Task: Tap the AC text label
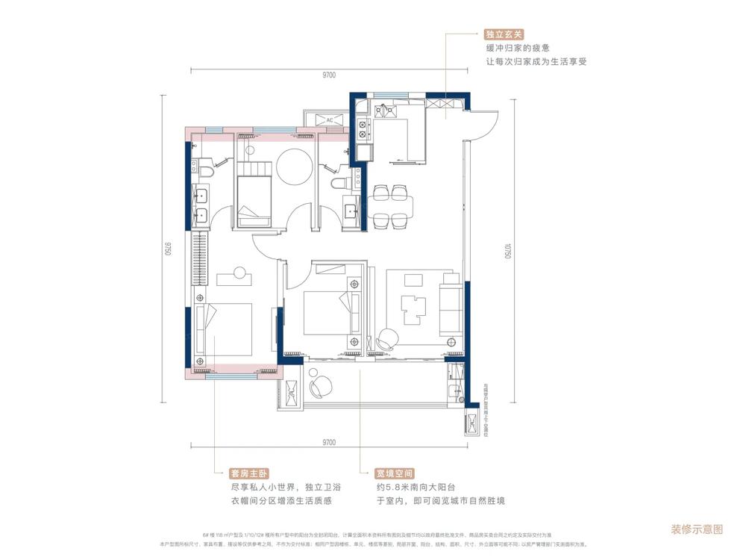point(328,119)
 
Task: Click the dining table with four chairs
point(391,207)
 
